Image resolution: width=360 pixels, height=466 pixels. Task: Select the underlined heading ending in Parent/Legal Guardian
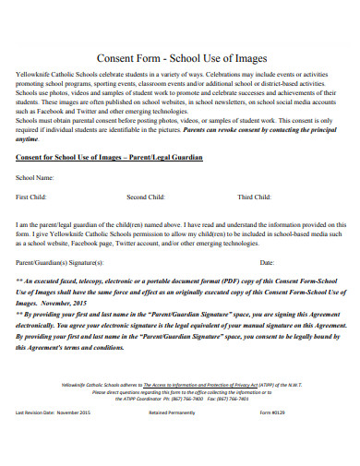[x=110, y=159]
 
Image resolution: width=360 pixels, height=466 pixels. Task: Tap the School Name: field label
[x=35, y=176]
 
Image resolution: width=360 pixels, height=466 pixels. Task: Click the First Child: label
[x=33, y=197]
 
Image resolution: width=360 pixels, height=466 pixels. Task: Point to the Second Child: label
[x=146, y=197]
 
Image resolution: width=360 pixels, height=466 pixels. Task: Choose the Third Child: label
[x=255, y=197]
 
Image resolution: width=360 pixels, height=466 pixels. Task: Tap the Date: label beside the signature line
[x=267, y=263]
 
